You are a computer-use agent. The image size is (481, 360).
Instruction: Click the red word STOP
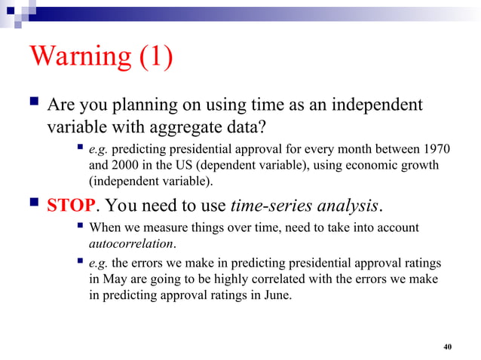tap(72, 206)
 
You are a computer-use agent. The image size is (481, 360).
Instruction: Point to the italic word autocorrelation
tap(132, 244)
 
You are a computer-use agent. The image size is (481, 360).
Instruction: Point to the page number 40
tap(448, 346)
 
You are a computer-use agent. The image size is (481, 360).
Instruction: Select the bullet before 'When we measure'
tap(79, 227)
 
